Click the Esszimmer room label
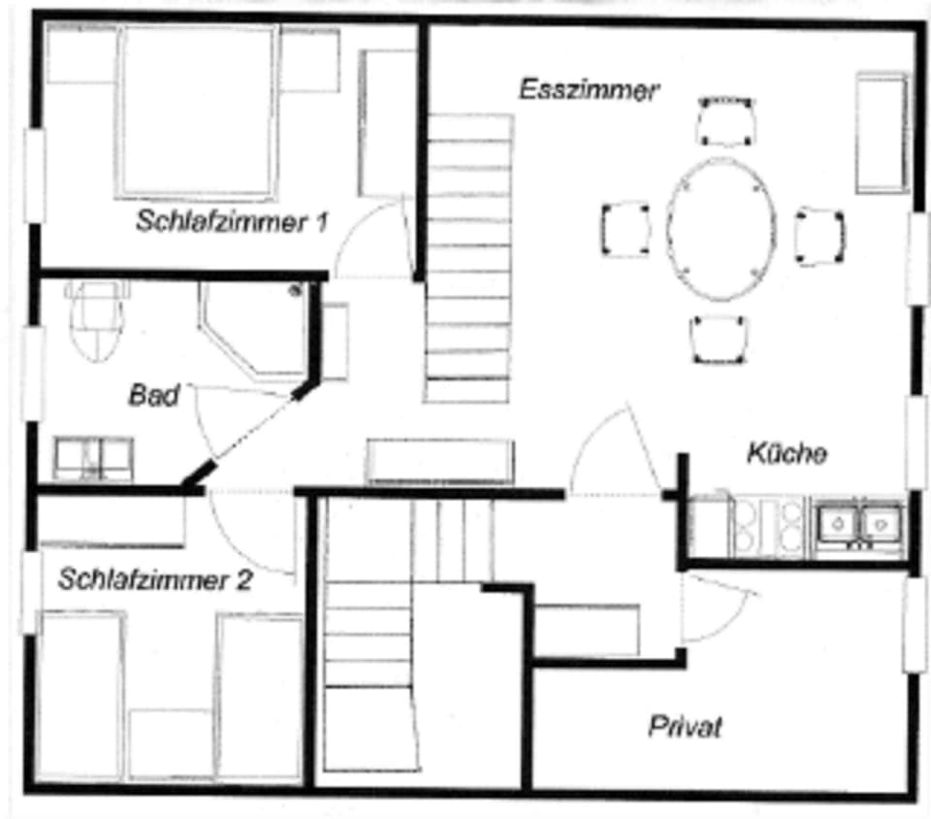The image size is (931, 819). coord(589,91)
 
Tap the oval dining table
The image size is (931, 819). coord(720,229)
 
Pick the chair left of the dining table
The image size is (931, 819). coord(626,229)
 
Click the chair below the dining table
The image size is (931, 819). coord(720,340)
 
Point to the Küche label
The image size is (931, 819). coord(787,453)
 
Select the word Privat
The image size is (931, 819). coord(685,727)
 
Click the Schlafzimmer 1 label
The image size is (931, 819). coord(231,222)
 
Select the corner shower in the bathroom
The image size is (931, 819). coord(254,328)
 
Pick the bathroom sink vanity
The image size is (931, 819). coord(93,457)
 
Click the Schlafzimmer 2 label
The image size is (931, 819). coord(155,581)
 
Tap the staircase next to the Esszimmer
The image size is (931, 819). coord(467,258)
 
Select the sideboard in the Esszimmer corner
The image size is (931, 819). coord(882,132)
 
